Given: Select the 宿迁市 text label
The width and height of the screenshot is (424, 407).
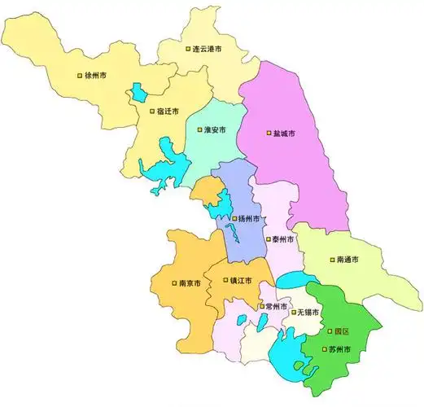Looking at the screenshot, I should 169,112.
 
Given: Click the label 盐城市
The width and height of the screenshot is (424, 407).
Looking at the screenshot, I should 283,133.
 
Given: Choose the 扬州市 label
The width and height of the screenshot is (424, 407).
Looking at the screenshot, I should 249,219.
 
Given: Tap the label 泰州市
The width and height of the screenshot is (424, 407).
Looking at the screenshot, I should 284,240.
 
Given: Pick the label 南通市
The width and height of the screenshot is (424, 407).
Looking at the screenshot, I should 349,260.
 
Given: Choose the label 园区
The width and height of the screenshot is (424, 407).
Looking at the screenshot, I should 341,332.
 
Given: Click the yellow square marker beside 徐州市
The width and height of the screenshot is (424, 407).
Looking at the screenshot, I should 80,75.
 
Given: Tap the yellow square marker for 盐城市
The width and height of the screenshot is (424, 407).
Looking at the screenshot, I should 268,133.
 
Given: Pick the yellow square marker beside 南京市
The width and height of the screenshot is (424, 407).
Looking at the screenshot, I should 173,284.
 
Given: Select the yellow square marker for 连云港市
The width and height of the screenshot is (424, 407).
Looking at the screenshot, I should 187,50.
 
